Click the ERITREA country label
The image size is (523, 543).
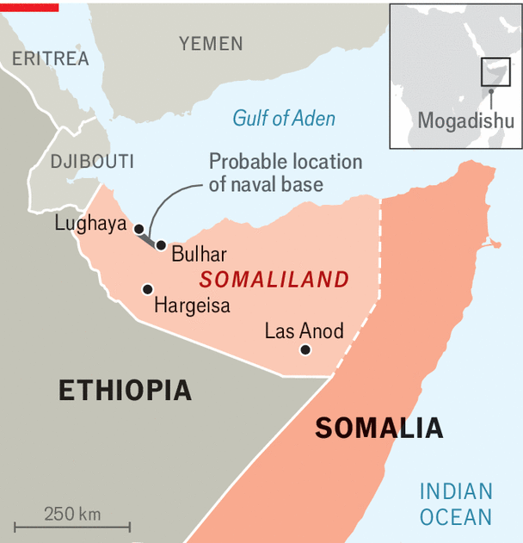pyautogui.click(x=51, y=59)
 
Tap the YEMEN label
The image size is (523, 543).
pyautogui.click(x=211, y=43)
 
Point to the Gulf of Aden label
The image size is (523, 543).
pyautogui.click(x=284, y=119)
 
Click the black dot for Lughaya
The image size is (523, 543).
pyautogui.click(x=138, y=228)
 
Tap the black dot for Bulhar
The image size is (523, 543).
pyautogui.click(x=161, y=245)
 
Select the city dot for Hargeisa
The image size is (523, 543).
pyautogui.click(x=148, y=289)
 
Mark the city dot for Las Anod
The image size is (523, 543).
pyautogui.click(x=305, y=349)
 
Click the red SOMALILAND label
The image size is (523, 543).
pyautogui.click(x=274, y=280)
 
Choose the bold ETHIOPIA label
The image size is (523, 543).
pyautogui.click(x=125, y=390)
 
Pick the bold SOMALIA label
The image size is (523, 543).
pyautogui.click(x=378, y=428)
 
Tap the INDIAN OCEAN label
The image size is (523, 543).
pyautogui.click(x=456, y=504)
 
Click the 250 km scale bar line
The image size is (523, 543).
pyautogui.click(x=72, y=526)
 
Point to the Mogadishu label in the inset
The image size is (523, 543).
pyautogui.click(x=465, y=120)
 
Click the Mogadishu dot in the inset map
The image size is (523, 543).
pyautogui.click(x=491, y=91)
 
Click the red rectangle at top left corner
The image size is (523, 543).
pyautogui.click(x=29, y=6)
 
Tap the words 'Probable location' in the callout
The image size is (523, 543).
pyautogui.click(x=286, y=162)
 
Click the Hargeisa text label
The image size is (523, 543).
pyautogui.click(x=192, y=305)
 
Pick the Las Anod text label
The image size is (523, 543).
pyautogui.click(x=304, y=330)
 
